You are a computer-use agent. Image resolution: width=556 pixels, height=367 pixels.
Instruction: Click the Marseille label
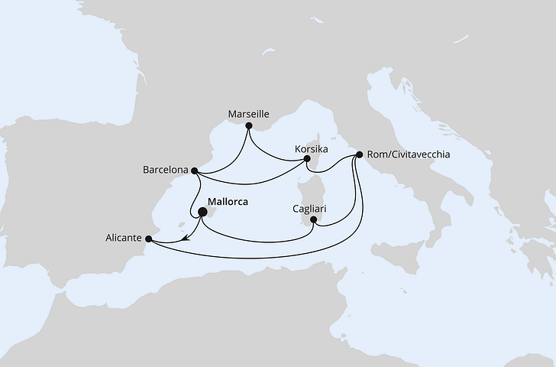(x=249, y=115)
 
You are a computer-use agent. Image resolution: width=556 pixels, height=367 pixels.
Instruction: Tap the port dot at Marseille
(x=249, y=125)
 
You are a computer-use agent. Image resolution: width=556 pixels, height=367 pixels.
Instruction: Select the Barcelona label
(x=164, y=170)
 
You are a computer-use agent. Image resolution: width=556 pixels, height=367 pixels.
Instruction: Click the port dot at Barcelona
(x=196, y=171)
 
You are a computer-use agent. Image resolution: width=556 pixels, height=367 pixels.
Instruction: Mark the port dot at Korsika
(x=307, y=159)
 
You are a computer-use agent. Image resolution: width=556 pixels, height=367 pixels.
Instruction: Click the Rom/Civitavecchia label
(x=408, y=154)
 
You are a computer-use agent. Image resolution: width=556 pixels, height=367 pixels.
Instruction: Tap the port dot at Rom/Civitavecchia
(x=359, y=155)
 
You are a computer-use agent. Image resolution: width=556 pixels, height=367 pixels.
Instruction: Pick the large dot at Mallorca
(x=202, y=213)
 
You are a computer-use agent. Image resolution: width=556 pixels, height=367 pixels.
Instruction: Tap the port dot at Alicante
(x=149, y=239)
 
